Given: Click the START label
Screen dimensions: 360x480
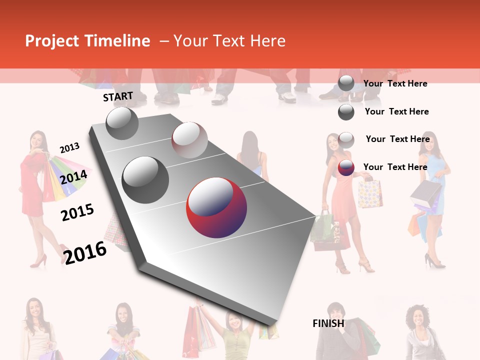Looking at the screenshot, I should click(118, 96).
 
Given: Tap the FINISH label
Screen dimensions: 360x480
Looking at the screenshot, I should click(328, 323).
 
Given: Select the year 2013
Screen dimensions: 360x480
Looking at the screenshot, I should click(69, 148).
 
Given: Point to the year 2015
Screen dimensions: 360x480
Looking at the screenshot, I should click(77, 212).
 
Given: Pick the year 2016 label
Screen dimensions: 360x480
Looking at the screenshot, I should click(85, 252).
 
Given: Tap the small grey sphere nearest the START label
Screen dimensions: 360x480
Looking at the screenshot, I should click(122, 123).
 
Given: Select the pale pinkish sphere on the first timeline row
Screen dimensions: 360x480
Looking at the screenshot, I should click(189, 140).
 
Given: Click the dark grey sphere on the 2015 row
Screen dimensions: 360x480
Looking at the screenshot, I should click(145, 179).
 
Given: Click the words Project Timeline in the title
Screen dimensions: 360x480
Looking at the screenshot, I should click(87, 41).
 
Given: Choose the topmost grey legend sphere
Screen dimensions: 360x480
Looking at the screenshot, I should click(346, 83).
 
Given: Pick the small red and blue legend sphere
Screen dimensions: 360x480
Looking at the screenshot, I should click(346, 167).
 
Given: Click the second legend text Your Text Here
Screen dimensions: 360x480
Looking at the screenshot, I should click(396, 111).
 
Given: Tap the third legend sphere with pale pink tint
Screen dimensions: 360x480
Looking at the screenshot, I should click(346, 140).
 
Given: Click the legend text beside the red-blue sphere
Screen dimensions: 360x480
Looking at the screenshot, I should click(395, 167).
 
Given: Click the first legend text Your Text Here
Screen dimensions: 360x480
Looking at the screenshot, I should click(395, 83).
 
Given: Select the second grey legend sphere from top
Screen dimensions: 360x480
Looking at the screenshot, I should click(346, 112).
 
